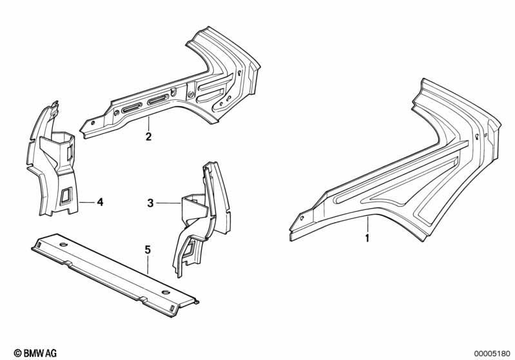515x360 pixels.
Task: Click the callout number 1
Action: pos(367,238)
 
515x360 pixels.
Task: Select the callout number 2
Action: pos(148,137)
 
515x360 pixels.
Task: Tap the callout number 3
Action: pos(150,203)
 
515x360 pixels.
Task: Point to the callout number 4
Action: pos(100,202)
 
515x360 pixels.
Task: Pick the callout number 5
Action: pos(148,250)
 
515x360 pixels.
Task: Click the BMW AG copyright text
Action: pos(35,353)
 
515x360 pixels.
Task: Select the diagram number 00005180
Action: pos(492,354)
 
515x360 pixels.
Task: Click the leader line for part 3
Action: pos(168,204)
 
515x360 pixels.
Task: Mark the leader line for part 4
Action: pos(86,202)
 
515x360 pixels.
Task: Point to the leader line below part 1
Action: pos(368,224)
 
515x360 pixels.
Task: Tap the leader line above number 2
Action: pos(148,124)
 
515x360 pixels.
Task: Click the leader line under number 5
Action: pos(148,265)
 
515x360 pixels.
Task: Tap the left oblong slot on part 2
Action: pos(131,108)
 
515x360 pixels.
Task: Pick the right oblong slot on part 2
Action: pos(159,99)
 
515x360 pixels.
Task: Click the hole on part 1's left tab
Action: pos(300,218)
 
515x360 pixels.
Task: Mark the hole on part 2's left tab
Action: pos(93,123)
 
